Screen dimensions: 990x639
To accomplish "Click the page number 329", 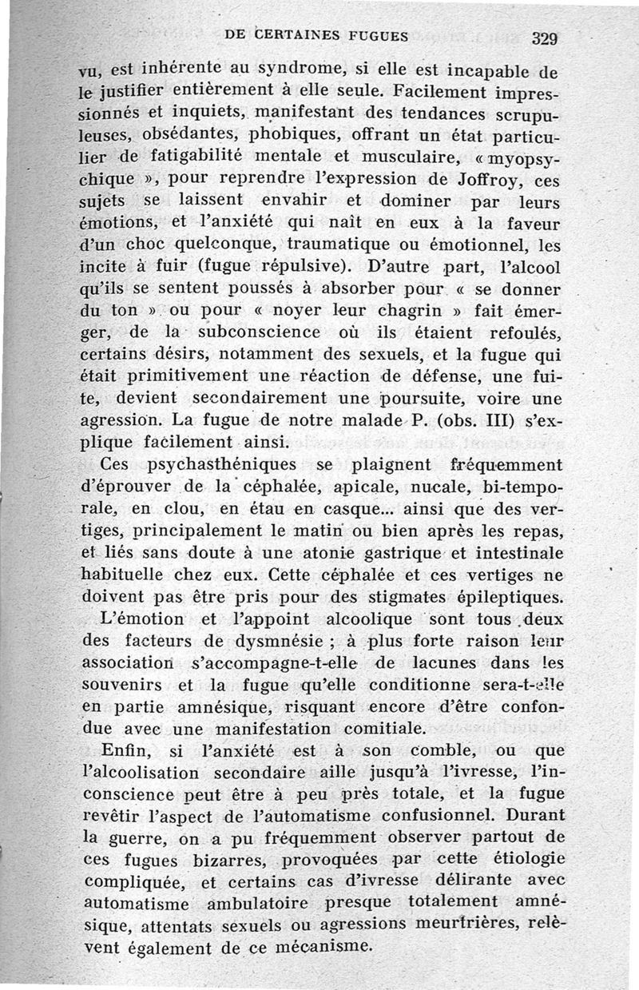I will pos(543,38).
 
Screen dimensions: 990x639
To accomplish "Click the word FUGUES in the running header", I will pos(371,35).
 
